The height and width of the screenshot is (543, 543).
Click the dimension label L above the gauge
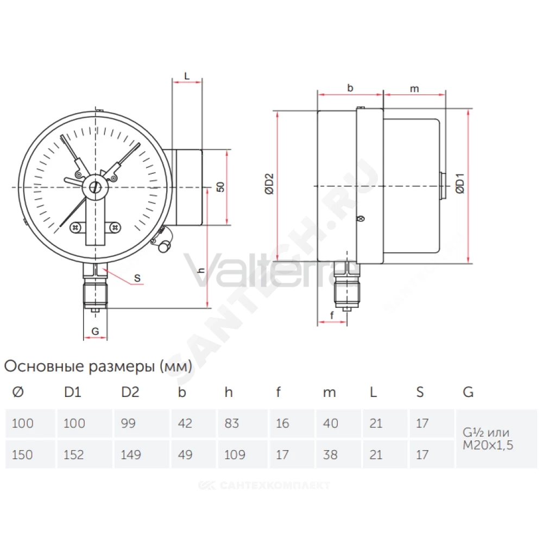(187, 76)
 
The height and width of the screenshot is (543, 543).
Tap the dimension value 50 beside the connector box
(220, 187)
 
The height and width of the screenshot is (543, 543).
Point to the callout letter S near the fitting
(137, 278)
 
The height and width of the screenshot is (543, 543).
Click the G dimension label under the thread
(95, 331)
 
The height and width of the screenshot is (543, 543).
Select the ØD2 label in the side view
(269, 184)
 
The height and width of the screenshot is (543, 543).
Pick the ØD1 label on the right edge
(460, 183)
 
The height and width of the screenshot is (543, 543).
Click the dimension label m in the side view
(414, 89)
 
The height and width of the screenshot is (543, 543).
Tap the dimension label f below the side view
(332, 315)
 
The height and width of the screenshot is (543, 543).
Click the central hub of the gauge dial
(95, 187)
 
